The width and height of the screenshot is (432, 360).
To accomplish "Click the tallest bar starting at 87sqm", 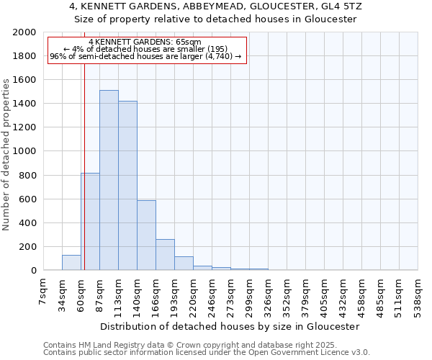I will tap(109, 180).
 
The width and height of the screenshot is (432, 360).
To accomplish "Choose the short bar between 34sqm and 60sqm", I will tap(71, 263).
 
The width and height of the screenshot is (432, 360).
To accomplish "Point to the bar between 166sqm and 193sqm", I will tap(165, 255).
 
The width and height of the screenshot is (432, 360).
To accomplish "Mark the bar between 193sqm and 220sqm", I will tap(184, 264).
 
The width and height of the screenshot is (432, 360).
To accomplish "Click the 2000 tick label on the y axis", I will tap(24, 32).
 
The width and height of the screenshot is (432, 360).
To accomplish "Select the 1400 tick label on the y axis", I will tap(24, 104).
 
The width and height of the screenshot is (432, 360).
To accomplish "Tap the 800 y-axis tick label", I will tap(27, 175).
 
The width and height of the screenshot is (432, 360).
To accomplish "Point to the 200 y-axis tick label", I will tap(27, 247).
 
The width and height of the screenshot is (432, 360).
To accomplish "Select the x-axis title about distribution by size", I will tap(230, 326).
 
